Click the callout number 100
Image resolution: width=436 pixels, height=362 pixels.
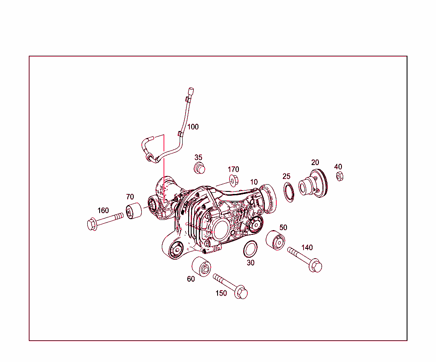[x=193, y=127]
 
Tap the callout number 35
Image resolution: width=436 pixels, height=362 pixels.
[x=198, y=157]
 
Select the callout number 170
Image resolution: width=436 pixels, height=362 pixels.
[x=233, y=170]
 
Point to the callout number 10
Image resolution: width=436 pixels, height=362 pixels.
[x=254, y=182]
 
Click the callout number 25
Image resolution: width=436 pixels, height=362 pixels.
[x=287, y=176]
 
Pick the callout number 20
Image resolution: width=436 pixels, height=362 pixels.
[x=315, y=162]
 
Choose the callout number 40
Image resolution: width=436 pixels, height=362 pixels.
[x=338, y=167]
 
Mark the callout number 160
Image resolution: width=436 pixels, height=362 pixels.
[x=103, y=210]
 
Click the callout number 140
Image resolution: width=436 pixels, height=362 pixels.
[x=307, y=247]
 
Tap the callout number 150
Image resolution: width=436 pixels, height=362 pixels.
[x=221, y=293]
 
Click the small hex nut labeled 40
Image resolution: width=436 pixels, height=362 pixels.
[x=339, y=176]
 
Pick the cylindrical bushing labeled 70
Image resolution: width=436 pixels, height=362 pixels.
[x=135, y=211]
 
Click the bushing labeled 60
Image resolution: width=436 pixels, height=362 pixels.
[x=201, y=267]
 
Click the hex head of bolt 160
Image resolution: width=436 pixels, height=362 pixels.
[x=92, y=224]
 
